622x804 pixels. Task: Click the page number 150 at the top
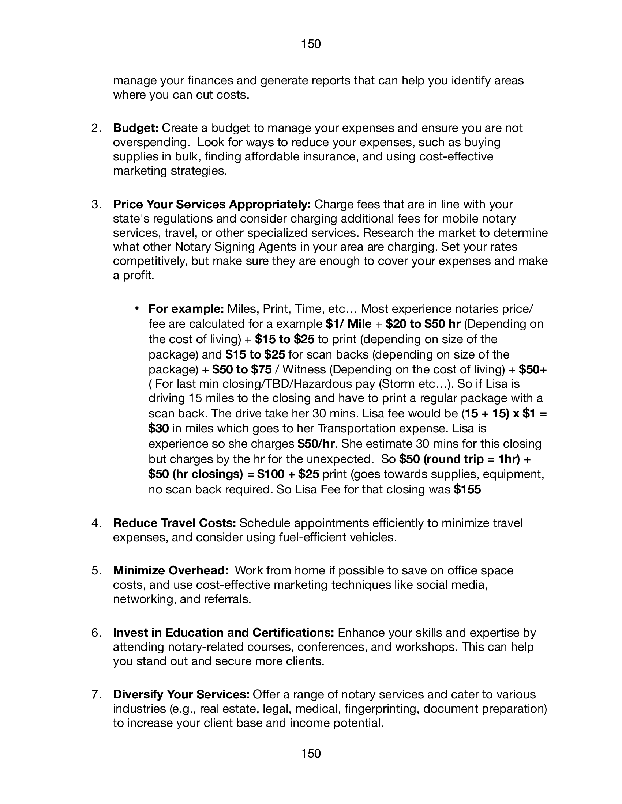311,44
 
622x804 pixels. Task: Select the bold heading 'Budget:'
136,128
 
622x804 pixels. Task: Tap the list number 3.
96,204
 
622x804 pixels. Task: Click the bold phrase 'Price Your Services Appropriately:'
212,204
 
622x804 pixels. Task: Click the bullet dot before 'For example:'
136,308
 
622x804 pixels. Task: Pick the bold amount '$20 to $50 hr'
423,324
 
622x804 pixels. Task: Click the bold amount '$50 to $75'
242,369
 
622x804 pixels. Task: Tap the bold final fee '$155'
468,489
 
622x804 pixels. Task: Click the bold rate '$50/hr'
316,444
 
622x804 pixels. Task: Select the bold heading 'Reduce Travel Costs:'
174,523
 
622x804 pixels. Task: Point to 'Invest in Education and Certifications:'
223,633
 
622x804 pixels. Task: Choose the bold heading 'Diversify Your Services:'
181,694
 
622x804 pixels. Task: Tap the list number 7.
96,695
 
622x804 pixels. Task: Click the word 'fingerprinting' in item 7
383,709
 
